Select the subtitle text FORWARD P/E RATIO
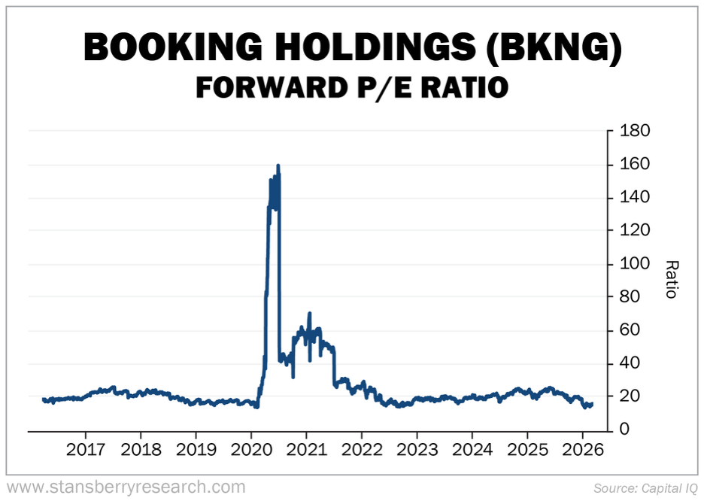(x=351, y=88)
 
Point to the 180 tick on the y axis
(x=634, y=131)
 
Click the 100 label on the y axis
(x=634, y=264)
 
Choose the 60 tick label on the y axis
(x=630, y=330)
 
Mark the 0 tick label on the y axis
(x=624, y=430)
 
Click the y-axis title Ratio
(x=672, y=278)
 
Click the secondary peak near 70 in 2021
(x=309, y=314)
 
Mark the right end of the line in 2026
(x=592, y=404)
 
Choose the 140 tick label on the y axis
(x=634, y=197)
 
